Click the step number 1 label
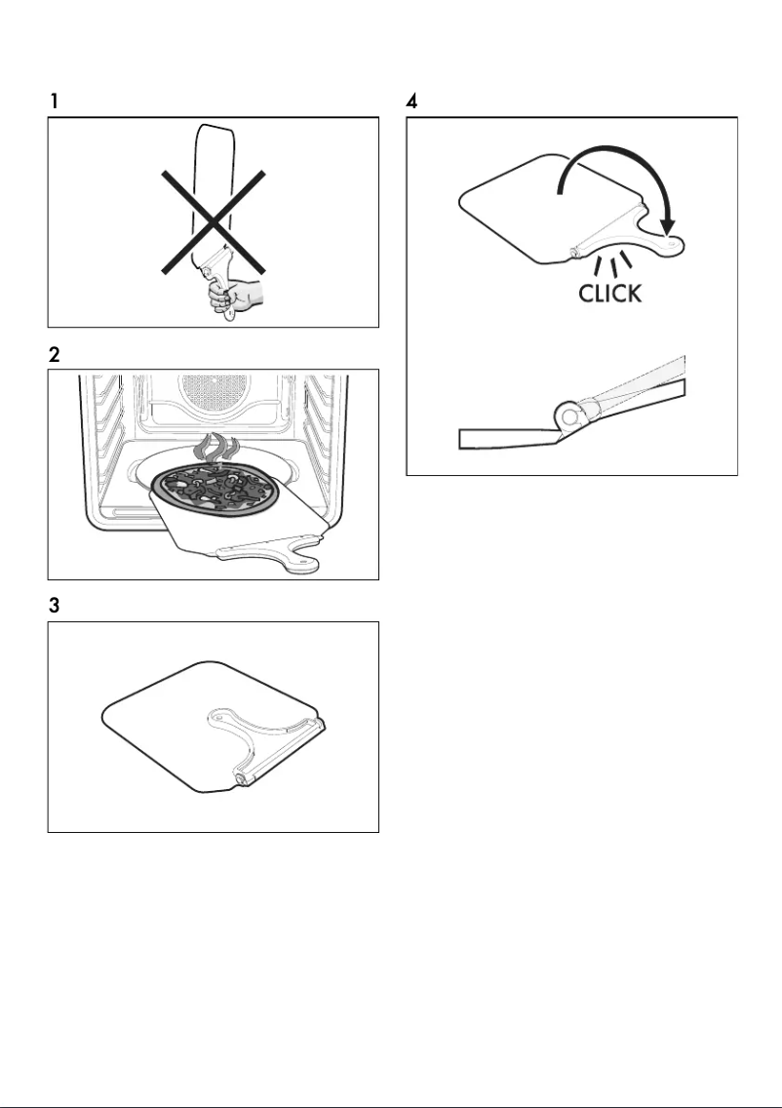[56, 101]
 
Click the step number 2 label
[56, 357]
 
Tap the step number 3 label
[56, 607]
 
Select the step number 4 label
[413, 101]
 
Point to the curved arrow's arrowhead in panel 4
[668, 226]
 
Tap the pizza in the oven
[216, 485]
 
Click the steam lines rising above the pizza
[217, 447]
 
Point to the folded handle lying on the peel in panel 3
[263, 741]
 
